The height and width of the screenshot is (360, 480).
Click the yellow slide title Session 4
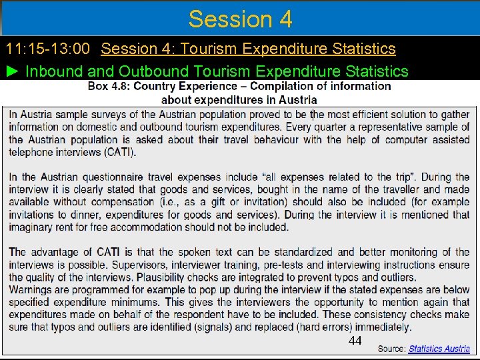pyautogui.click(x=240, y=19)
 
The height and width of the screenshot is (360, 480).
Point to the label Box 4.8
pyautogui.click(x=109, y=86)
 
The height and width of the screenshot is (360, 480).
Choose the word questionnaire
pyautogui.click(x=120, y=177)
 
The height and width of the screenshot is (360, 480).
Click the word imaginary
pyautogui.click(x=33, y=227)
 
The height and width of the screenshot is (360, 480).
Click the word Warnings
pyautogui.click(x=31, y=290)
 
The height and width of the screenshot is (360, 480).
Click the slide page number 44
pyautogui.click(x=355, y=341)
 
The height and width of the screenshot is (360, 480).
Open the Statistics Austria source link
pyautogui.click(x=439, y=349)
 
